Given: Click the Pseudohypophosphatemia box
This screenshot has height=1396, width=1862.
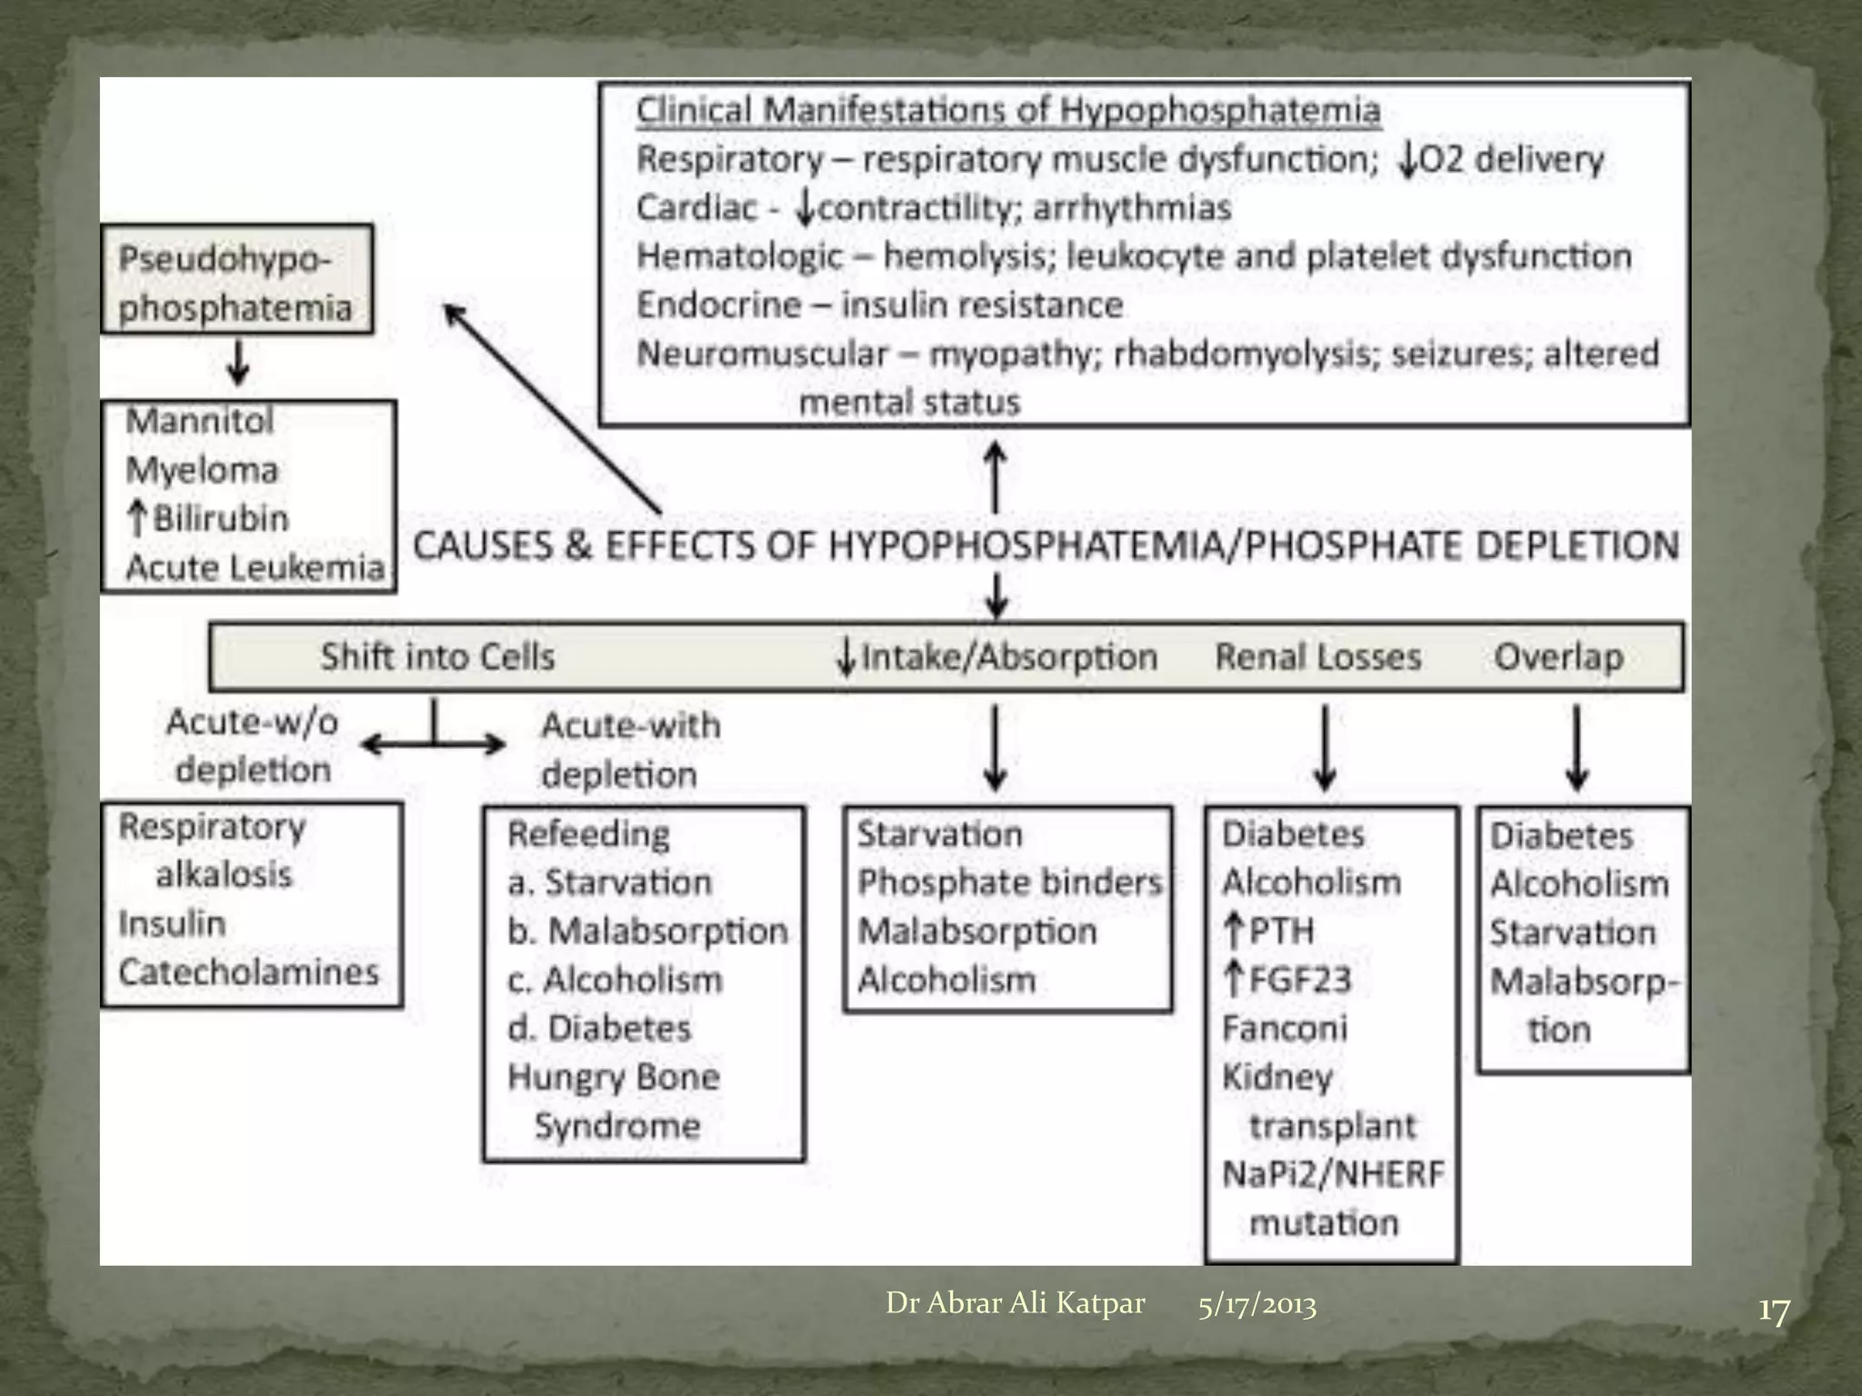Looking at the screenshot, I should [x=236, y=280].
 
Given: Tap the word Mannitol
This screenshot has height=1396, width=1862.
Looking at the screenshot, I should [x=199, y=421].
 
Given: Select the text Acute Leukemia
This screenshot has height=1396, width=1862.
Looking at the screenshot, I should [x=255, y=567].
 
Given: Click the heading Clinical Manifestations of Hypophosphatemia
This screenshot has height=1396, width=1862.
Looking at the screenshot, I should [x=1007, y=111].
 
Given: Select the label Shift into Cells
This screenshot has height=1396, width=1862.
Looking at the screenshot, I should [x=437, y=656].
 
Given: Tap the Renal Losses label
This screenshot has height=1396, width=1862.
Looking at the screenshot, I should [x=1318, y=656].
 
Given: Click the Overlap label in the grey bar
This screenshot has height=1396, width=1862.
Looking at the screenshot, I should [x=1558, y=656].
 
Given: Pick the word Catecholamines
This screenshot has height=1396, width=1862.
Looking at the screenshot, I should [x=248, y=972].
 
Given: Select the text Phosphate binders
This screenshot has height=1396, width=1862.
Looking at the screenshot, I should [x=1009, y=882].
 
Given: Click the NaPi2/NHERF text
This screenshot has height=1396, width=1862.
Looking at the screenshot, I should [x=1333, y=1174].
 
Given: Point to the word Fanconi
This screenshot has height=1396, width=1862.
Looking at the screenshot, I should [x=1284, y=1028].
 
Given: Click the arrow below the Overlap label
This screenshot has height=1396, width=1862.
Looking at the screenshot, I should [x=1577, y=747].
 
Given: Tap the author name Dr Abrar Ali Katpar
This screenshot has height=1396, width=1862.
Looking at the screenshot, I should [x=1015, y=1303].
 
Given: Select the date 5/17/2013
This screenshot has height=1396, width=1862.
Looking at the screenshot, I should [x=1256, y=1305].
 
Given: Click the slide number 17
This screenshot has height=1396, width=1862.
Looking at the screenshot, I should [x=1773, y=1311].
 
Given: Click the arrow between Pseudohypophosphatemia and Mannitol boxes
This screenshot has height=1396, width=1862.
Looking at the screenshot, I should [x=238, y=364].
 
